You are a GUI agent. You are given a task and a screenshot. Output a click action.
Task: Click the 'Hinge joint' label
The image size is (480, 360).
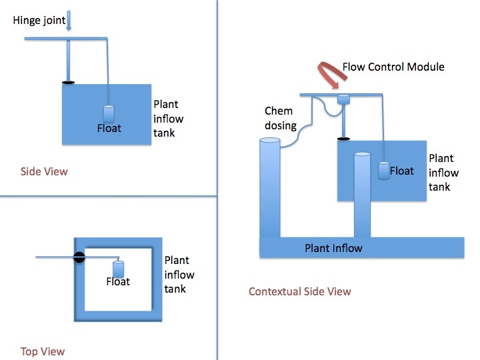point(39,21)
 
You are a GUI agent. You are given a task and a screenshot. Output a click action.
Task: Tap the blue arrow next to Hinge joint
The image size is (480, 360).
point(69,21)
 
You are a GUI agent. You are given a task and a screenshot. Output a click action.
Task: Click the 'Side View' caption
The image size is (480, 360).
point(44,171)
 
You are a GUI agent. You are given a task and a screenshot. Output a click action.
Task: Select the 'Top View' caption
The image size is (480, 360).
point(43,351)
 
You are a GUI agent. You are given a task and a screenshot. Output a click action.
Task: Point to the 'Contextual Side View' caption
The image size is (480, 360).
point(300,291)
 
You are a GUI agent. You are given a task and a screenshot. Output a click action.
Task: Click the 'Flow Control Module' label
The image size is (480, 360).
point(393,67)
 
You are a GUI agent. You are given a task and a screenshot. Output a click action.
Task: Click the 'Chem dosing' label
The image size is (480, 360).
point(281,118)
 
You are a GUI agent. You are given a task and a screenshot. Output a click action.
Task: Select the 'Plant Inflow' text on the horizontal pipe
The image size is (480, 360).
point(333,248)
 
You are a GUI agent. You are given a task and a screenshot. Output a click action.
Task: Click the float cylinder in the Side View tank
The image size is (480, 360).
point(109,114)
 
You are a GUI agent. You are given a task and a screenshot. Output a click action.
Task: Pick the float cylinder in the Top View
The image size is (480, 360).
point(119,269)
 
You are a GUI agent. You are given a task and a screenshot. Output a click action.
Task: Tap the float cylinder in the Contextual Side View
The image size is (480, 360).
point(384,170)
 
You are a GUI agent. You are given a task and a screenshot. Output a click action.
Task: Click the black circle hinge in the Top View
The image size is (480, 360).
point(79,257)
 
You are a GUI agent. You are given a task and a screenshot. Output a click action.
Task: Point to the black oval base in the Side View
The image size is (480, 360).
point(68,83)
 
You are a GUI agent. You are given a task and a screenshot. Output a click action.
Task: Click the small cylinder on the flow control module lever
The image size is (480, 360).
point(343,99)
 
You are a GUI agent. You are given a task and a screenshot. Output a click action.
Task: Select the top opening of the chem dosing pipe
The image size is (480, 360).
point(270,141)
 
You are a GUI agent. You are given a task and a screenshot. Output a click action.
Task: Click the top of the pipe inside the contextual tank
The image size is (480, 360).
point(362,155)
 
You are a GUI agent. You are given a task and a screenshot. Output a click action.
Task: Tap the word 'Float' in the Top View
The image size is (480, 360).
point(118,281)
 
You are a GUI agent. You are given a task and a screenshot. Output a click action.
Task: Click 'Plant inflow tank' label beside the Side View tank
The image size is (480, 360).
point(169,119)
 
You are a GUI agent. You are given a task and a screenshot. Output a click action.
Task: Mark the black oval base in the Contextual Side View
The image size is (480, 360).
point(343,139)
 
